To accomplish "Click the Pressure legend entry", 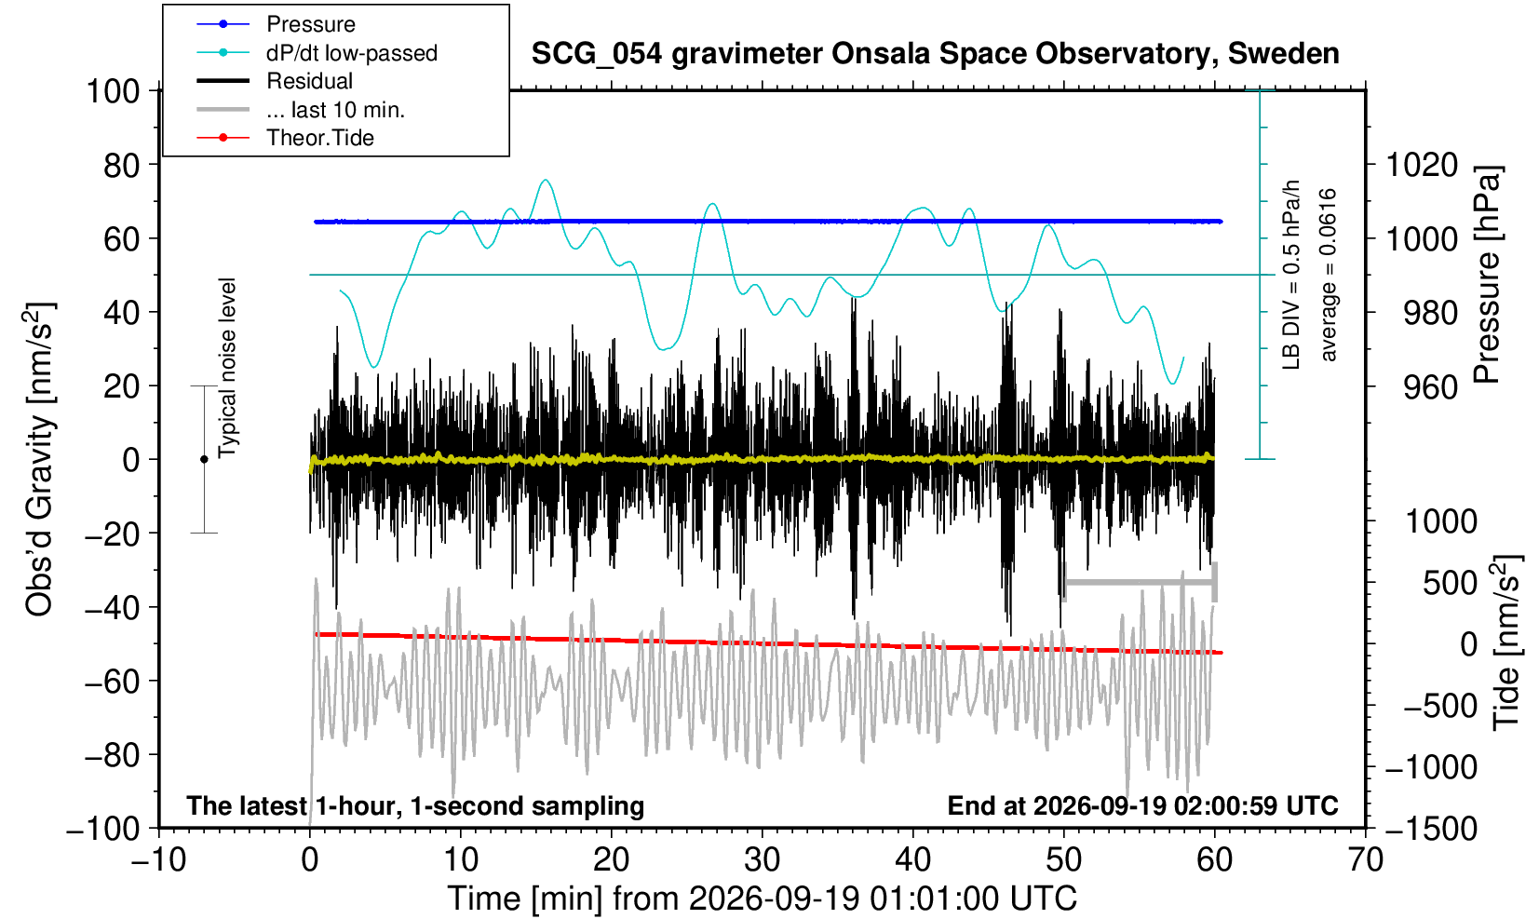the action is [x=311, y=24].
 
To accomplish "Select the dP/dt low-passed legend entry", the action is [x=352, y=53].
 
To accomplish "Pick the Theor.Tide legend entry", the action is [x=320, y=138].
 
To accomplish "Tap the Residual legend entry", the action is [x=309, y=81].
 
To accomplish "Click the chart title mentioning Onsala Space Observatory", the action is [x=935, y=53].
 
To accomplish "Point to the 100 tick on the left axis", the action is [x=113, y=91].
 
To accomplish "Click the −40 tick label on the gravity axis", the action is [x=112, y=608].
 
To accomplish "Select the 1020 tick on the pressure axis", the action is [x=1422, y=165].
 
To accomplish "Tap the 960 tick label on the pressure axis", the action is [x=1430, y=387].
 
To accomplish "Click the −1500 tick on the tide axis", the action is [x=1430, y=829].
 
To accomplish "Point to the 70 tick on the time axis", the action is [x=1365, y=860].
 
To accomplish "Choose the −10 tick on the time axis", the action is [x=158, y=860].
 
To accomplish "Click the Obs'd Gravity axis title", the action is [x=40, y=460].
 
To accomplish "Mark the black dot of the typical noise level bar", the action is [x=204, y=459].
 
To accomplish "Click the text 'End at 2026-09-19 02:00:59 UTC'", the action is [x=1142, y=805].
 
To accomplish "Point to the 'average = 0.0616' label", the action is [x=1329, y=275].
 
